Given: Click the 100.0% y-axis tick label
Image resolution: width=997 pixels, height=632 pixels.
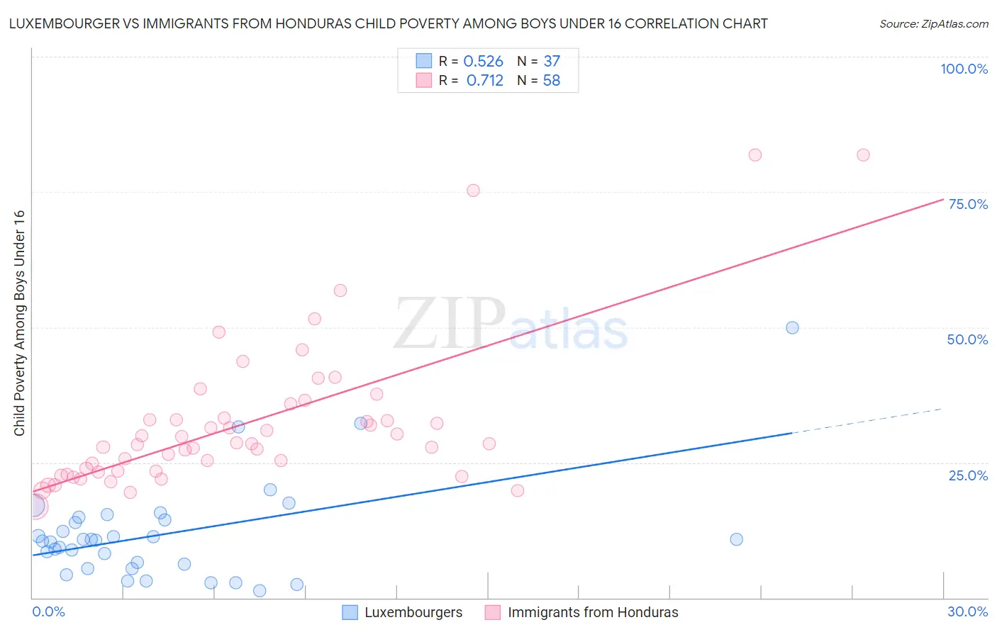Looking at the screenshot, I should coord(964,69).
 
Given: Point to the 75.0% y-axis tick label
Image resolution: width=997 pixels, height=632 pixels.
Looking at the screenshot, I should coord(968,204).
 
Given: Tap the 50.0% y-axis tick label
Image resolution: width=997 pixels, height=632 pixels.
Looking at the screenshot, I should coord(967,339).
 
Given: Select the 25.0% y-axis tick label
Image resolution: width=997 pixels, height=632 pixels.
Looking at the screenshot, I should coord(968,475).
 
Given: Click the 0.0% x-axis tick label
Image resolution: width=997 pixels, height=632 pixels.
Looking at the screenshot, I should coord(48,611).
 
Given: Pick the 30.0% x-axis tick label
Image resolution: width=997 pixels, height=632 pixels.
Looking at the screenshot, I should coord(967,611).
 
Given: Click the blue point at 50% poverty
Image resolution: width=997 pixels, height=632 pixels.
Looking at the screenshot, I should coord(792,327).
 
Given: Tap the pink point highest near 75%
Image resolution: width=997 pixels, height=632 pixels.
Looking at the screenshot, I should coord(473,190).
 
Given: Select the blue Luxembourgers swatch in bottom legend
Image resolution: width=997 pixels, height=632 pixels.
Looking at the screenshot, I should coord(350,612).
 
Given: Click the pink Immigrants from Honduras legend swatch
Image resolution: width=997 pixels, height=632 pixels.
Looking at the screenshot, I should coord(493,612).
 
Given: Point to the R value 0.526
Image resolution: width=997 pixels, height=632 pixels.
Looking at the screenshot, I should coord(483,62).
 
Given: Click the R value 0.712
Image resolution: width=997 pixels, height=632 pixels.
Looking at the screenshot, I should coord(484,81).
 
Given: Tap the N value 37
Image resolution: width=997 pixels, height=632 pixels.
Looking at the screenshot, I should coord(552,62).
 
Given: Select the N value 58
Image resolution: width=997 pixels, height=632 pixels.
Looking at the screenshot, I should coord(552,81).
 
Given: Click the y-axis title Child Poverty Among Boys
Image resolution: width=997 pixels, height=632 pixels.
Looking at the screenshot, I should coord(19,322).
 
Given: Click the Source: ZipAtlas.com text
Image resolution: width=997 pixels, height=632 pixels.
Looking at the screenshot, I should coord(933,24).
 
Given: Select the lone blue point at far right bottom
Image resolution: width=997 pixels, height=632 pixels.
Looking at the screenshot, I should coord(736,539).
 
